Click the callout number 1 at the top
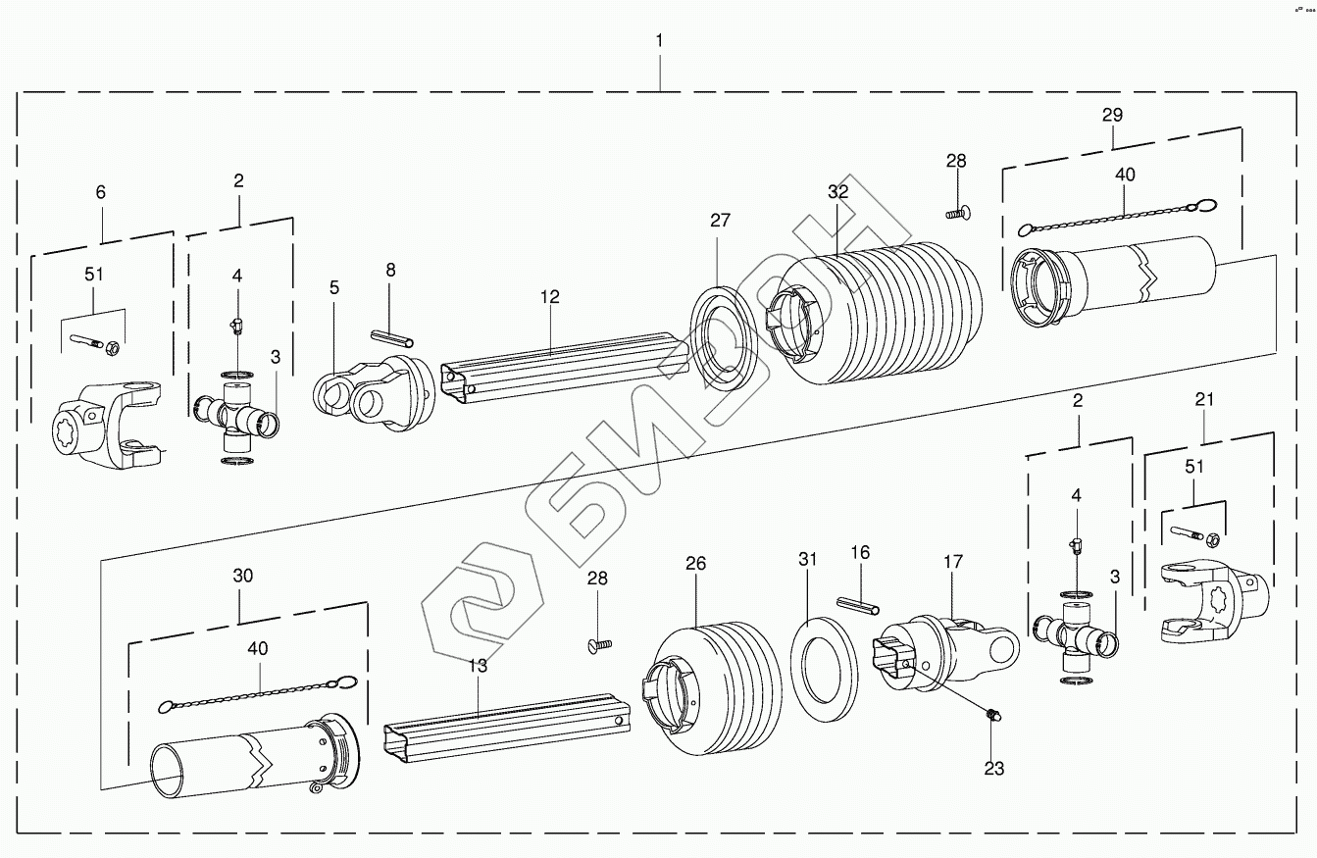(659, 40)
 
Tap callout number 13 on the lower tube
(477, 666)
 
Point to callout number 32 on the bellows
(837, 192)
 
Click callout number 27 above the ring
(721, 221)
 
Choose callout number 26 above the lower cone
(695, 564)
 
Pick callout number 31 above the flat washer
(807, 560)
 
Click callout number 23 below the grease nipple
(994, 769)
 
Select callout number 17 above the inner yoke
(953, 562)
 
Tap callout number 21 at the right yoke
(1204, 399)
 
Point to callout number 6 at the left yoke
(100, 193)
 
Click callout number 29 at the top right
(1112, 115)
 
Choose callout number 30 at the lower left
(242, 576)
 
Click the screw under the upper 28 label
(956, 211)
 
